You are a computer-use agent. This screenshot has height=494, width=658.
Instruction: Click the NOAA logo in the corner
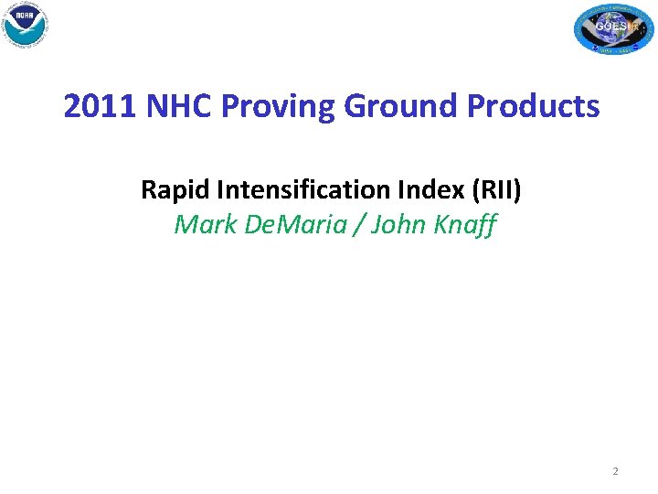25,25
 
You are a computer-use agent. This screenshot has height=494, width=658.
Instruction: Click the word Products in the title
534,107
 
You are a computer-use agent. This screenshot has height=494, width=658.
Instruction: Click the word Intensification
297,190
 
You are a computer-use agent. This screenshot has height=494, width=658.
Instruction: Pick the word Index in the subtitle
423,190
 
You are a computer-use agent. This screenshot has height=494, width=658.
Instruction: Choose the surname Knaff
466,224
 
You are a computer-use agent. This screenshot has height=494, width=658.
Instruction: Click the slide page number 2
615,471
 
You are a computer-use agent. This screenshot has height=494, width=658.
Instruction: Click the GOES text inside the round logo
610,27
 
